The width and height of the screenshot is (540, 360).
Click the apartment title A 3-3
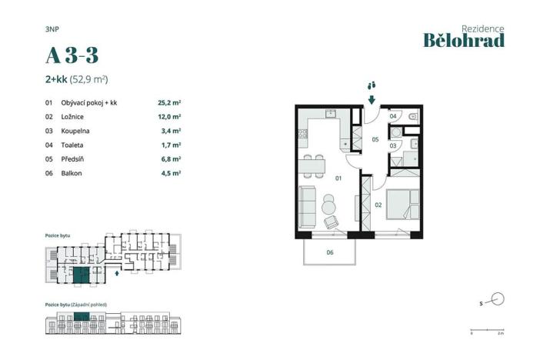point(72,56)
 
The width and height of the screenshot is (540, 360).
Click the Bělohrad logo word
point(464,41)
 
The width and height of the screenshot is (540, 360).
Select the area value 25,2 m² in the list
point(168,102)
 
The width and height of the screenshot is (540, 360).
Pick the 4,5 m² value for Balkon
point(170,173)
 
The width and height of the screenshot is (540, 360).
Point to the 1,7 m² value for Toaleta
point(170,145)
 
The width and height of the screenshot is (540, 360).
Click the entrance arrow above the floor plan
point(371,98)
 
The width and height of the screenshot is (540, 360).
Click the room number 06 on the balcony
point(329,252)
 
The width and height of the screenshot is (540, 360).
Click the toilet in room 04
point(412,116)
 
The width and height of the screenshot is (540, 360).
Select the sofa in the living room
point(306,205)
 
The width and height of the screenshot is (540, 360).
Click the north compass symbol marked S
point(496,299)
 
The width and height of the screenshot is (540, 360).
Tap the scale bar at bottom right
point(485,331)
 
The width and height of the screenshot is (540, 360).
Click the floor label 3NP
point(52,28)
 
